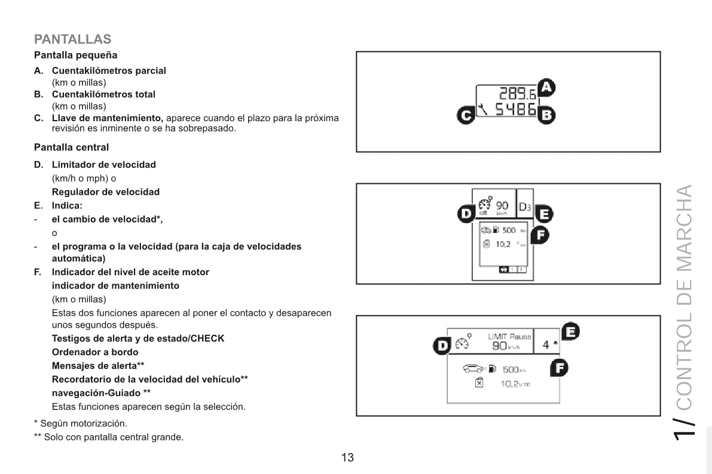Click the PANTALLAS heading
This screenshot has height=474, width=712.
[x=72, y=39]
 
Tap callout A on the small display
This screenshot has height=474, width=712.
[x=546, y=88]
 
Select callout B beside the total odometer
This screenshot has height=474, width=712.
[x=546, y=115]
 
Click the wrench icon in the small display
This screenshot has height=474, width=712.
[x=482, y=109]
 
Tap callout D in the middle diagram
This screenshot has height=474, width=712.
[x=466, y=213]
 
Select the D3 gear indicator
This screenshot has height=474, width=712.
[x=524, y=207]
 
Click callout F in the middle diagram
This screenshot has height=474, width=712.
[x=540, y=235]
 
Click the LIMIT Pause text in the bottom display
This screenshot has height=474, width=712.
[x=509, y=337]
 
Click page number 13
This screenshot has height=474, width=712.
[x=347, y=458]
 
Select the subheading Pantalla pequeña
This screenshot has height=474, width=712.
[x=75, y=56]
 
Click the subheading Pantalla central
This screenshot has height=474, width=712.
[x=71, y=147]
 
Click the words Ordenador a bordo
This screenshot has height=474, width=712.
[x=95, y=352]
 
